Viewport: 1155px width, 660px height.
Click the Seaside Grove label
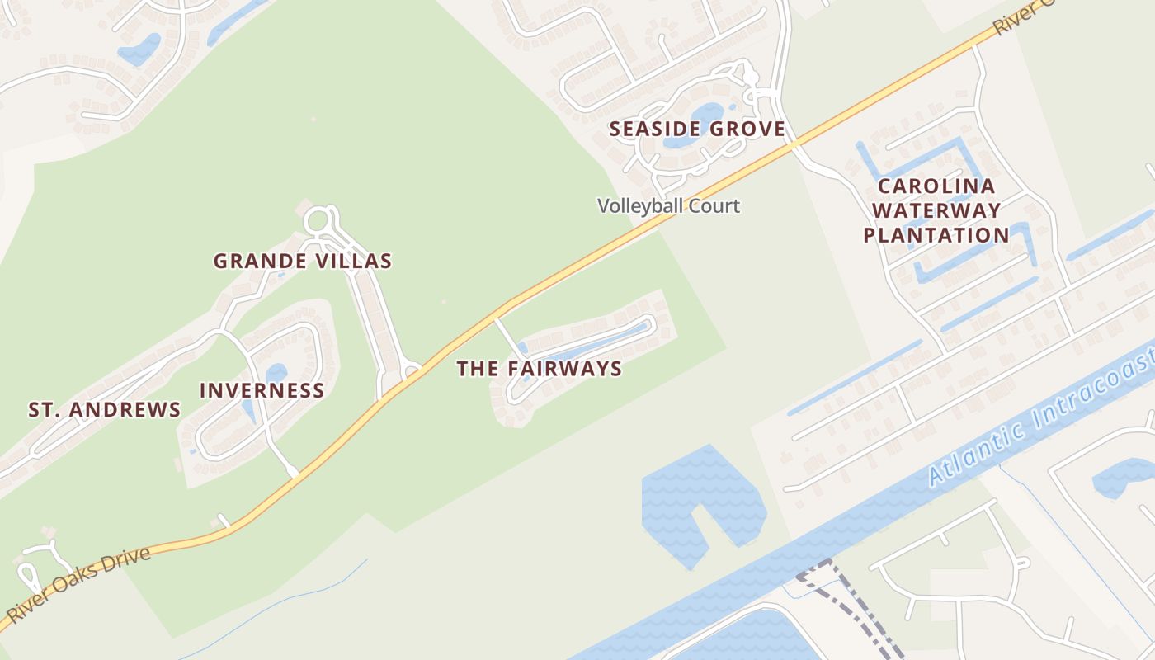pyautogui.click(x=697, y=129)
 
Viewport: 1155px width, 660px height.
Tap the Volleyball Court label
pyautogui.click(x=668, y=205)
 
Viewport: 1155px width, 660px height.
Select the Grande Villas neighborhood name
pyautogui.click(x=303, y=262)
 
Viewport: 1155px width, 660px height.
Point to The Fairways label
pyautogui.click(x=540, y=369)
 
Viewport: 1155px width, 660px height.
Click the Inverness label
pyautogui.click(x=262, y=391)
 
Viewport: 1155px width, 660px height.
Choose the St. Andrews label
pyautogui.click(x=105, y=410)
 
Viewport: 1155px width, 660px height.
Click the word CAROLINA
pyautogui.click(x=936, y=186)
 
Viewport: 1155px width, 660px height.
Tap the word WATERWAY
pyautogui.click(x=936, y=210)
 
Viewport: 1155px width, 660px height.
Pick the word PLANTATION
pyautogui.click(x=936, y=235)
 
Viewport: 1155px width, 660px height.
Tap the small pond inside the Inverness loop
pyautogui.click(x=276, y=373)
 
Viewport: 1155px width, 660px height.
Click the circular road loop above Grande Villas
pyautogui.click(x=318, y=221)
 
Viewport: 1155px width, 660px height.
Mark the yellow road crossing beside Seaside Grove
pyautogui.click(x=794, y=145)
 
